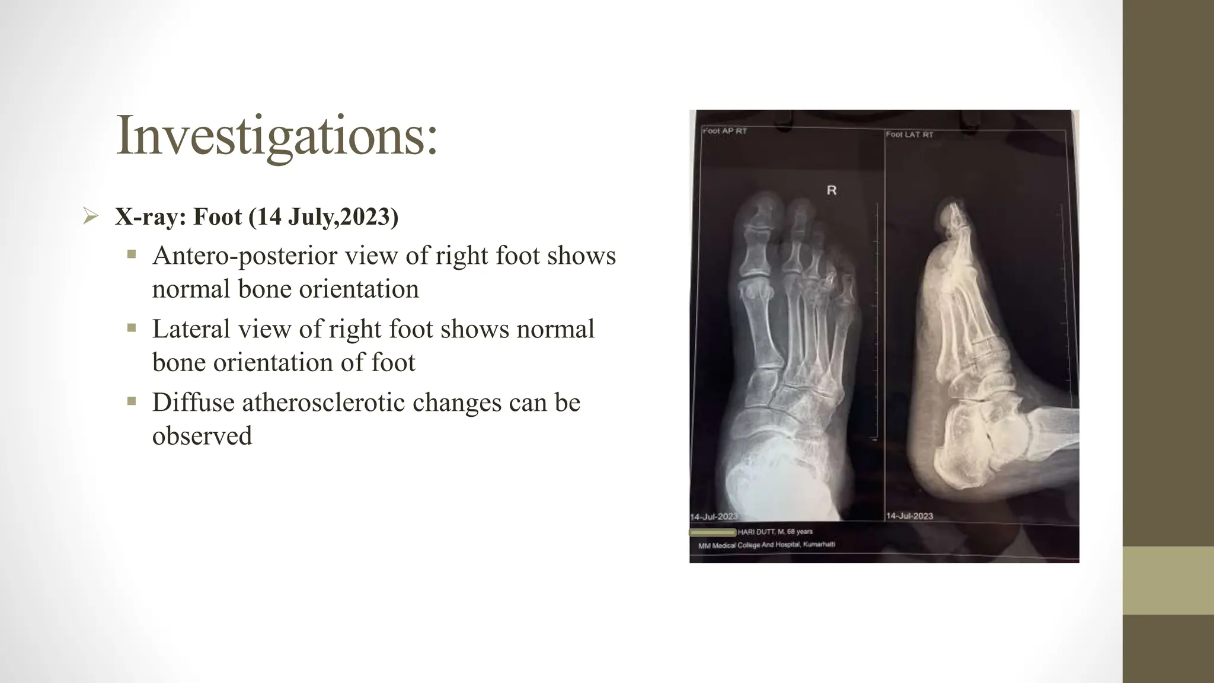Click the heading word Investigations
tap(276, 136)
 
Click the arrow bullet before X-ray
tap(90, 216)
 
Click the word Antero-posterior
tap(245, 256)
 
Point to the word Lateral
tap(191, 329)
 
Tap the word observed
tap(202, 436)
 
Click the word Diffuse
tap(193, 403)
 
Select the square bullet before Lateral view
tap(132, 328)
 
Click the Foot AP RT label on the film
tap(724, 131)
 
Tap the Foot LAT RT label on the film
tap(909, 135)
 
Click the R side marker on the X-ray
tap(832, 190)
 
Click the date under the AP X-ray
tap(714, 516)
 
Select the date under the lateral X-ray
tap(909, 516)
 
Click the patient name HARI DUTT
tap(756, 532)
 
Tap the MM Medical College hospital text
tap(766, 545)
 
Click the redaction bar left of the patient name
tap(713, 532)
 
